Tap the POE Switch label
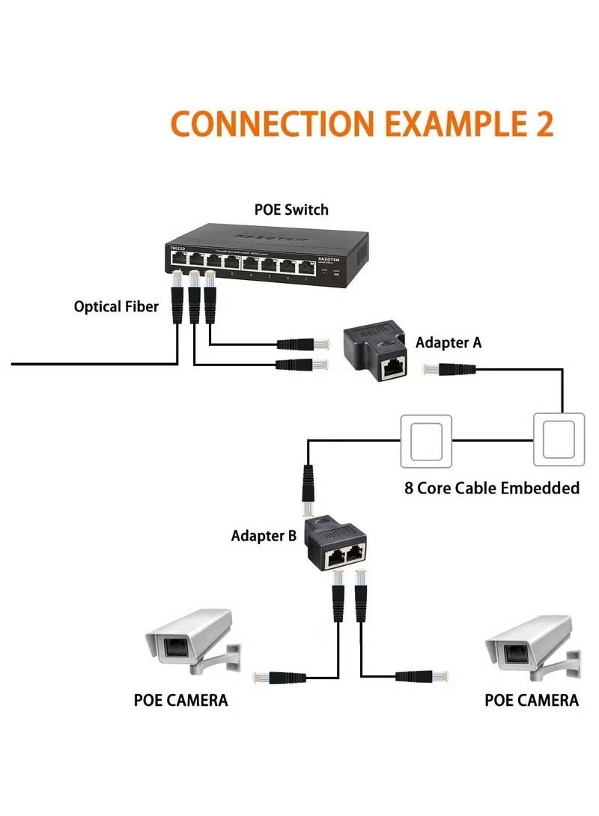291,210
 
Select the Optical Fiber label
116,306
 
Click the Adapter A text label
449,342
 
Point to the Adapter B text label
264,536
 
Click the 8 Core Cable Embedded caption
492,488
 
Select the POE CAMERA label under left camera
180,701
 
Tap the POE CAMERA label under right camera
532,701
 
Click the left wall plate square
427,441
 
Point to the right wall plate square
559,441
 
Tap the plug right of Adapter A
450,368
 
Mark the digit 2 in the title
544,124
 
